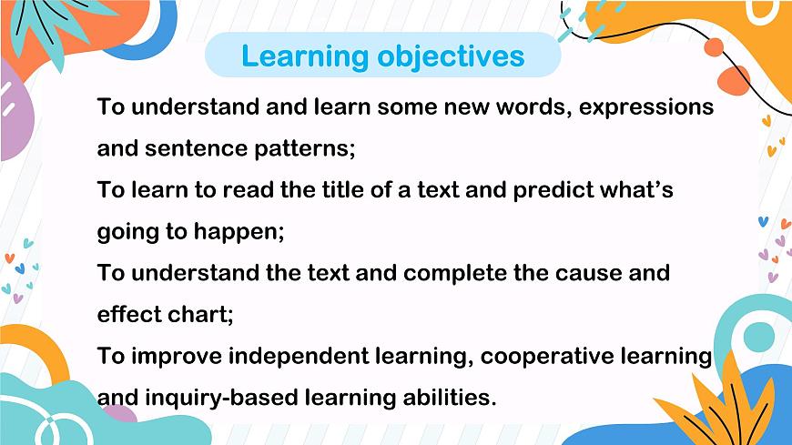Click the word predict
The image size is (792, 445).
point(554,190)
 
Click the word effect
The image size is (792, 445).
point(125,314)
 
